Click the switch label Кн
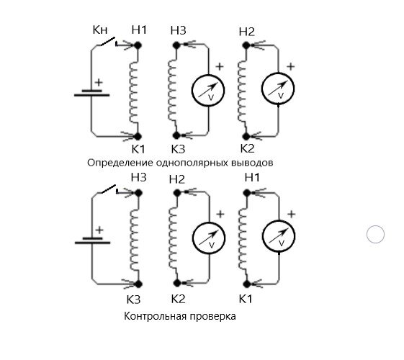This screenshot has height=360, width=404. [x=100, y=30]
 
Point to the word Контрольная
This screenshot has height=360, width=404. [x=156, y=316]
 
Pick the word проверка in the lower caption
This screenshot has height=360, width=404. [x=212, y=316]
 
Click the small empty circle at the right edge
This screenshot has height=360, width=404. [x=375, y=234]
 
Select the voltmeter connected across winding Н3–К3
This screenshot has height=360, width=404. [x=208, y=90]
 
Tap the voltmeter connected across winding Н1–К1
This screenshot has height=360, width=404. [x=279, y=236]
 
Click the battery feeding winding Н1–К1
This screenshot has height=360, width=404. [x=91, y=93]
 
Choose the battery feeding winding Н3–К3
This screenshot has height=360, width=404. [x=92, y=240]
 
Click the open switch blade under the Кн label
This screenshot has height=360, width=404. [x=108, y=42]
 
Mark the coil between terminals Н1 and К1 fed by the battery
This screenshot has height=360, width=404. [x=134, y=92]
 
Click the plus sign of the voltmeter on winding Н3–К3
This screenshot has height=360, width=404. [x=220, y=67]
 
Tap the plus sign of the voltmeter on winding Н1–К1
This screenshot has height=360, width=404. [x=292, y=215]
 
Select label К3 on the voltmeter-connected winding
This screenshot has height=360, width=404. [x=178, y=149]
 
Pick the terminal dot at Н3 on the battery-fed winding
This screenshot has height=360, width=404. [x=138, y=193]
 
